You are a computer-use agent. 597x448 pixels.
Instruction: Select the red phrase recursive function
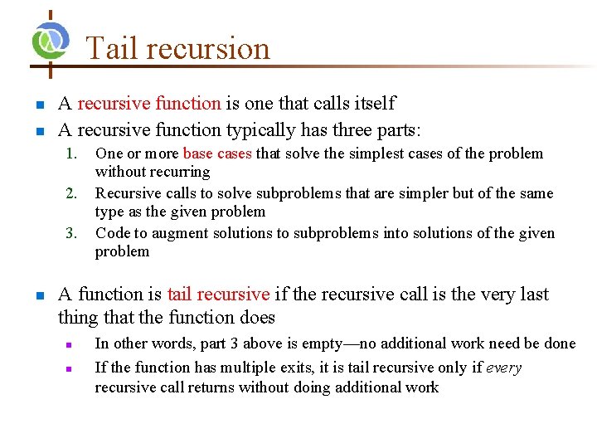[149, 104]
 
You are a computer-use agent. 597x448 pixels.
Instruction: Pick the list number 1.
[71, 153]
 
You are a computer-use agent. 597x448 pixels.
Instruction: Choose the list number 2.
[71, 193]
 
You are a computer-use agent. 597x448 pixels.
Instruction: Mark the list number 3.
[71, 233]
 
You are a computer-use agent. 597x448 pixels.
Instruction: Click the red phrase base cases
[217, 153]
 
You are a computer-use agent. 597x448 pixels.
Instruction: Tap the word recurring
[177, 172]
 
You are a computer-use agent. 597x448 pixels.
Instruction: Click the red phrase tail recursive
[218, 295]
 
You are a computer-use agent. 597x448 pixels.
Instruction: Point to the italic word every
[503, 368]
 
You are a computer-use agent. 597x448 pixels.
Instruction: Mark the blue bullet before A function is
[38, 295]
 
